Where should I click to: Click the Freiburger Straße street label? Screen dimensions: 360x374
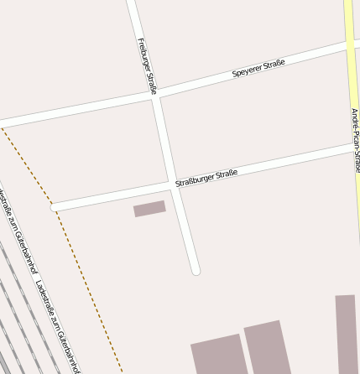(147, 65)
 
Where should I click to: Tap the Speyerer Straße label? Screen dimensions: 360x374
(258, 69)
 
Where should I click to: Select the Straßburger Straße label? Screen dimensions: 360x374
(206, 178)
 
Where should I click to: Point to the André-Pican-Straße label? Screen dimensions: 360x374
(355, 140)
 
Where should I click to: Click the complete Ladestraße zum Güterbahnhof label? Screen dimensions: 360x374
(59, 325)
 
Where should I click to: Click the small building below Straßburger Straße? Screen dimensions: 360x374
(149, 208)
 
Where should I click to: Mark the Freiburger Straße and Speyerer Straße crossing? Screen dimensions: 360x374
(155, 95)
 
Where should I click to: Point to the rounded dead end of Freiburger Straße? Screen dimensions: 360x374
(196, 270)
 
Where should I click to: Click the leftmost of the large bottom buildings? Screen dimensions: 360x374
(218, 355)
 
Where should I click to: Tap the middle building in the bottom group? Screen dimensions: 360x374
(267, 346)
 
